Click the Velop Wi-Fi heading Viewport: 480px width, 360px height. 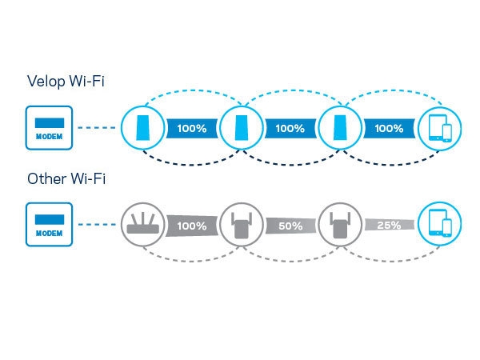[66, 82]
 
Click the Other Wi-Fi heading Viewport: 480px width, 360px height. [66, 178]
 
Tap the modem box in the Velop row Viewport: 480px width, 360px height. [50, 128]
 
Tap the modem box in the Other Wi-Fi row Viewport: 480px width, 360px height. [50, 224]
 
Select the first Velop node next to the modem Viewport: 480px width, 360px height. [142, 128]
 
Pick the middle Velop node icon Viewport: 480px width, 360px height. [242, 128]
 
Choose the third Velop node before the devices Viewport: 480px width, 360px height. [340, 128]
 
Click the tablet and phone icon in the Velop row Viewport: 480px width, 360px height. [439, 128]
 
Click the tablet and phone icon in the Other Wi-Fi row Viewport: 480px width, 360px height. [439, 224]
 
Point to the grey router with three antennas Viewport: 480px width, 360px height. [142, 224]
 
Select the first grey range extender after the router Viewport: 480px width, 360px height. [242, 224]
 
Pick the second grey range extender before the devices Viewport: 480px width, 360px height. [340, 224]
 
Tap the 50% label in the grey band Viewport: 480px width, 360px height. [290, 226]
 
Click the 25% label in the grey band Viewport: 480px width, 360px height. [389, 226]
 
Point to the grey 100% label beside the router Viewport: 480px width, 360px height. [192, 226]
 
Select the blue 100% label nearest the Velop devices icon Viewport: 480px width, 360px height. [389, 128]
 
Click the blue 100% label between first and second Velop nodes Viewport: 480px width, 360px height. [192, 128]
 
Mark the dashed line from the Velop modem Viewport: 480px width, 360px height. [97, 128]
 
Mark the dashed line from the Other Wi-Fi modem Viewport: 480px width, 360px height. [97, 224]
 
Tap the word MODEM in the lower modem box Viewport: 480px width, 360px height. [50, 234]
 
